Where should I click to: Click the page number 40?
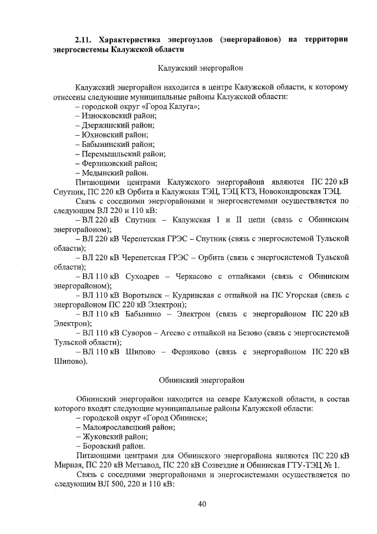[x=201, y=503]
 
